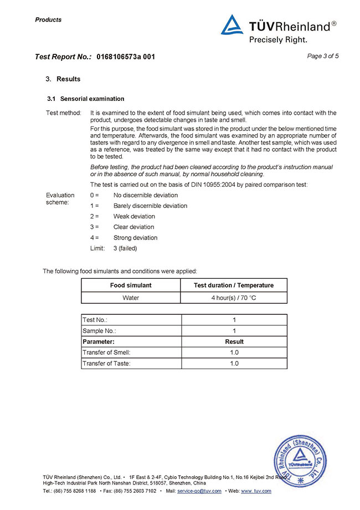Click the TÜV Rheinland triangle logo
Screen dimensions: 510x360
(x=232, y=25)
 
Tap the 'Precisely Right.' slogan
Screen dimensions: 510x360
(x=277, y=39)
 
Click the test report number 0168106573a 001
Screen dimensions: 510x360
(x=126, y=57)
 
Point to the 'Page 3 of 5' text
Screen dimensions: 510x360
(x=322, y=56)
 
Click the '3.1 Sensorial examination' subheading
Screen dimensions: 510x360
(x=85, y=99)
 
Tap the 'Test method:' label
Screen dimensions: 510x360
(x=63, y=113)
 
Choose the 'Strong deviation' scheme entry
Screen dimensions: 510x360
(x=135, y=238)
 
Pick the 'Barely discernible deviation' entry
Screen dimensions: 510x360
(x=150, y=206)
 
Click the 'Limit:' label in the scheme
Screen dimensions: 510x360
(x=97, y=248)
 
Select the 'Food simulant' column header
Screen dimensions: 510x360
(x=131, y=285)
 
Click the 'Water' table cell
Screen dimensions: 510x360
(x=131, y=298)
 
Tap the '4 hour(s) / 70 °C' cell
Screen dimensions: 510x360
(x=234, y=298)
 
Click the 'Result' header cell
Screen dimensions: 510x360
(x=234, y=341)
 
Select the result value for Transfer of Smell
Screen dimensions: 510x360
(x=234, y=353)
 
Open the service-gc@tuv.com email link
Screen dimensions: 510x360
(x=199, y=491)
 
